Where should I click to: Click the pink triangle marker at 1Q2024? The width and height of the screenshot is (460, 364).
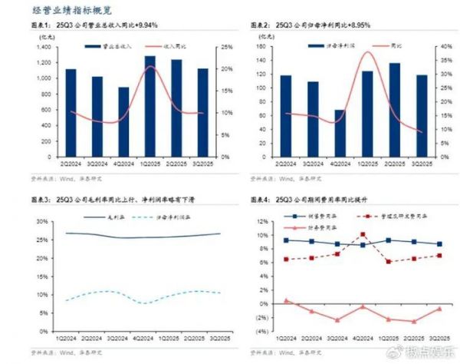(286, 300)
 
